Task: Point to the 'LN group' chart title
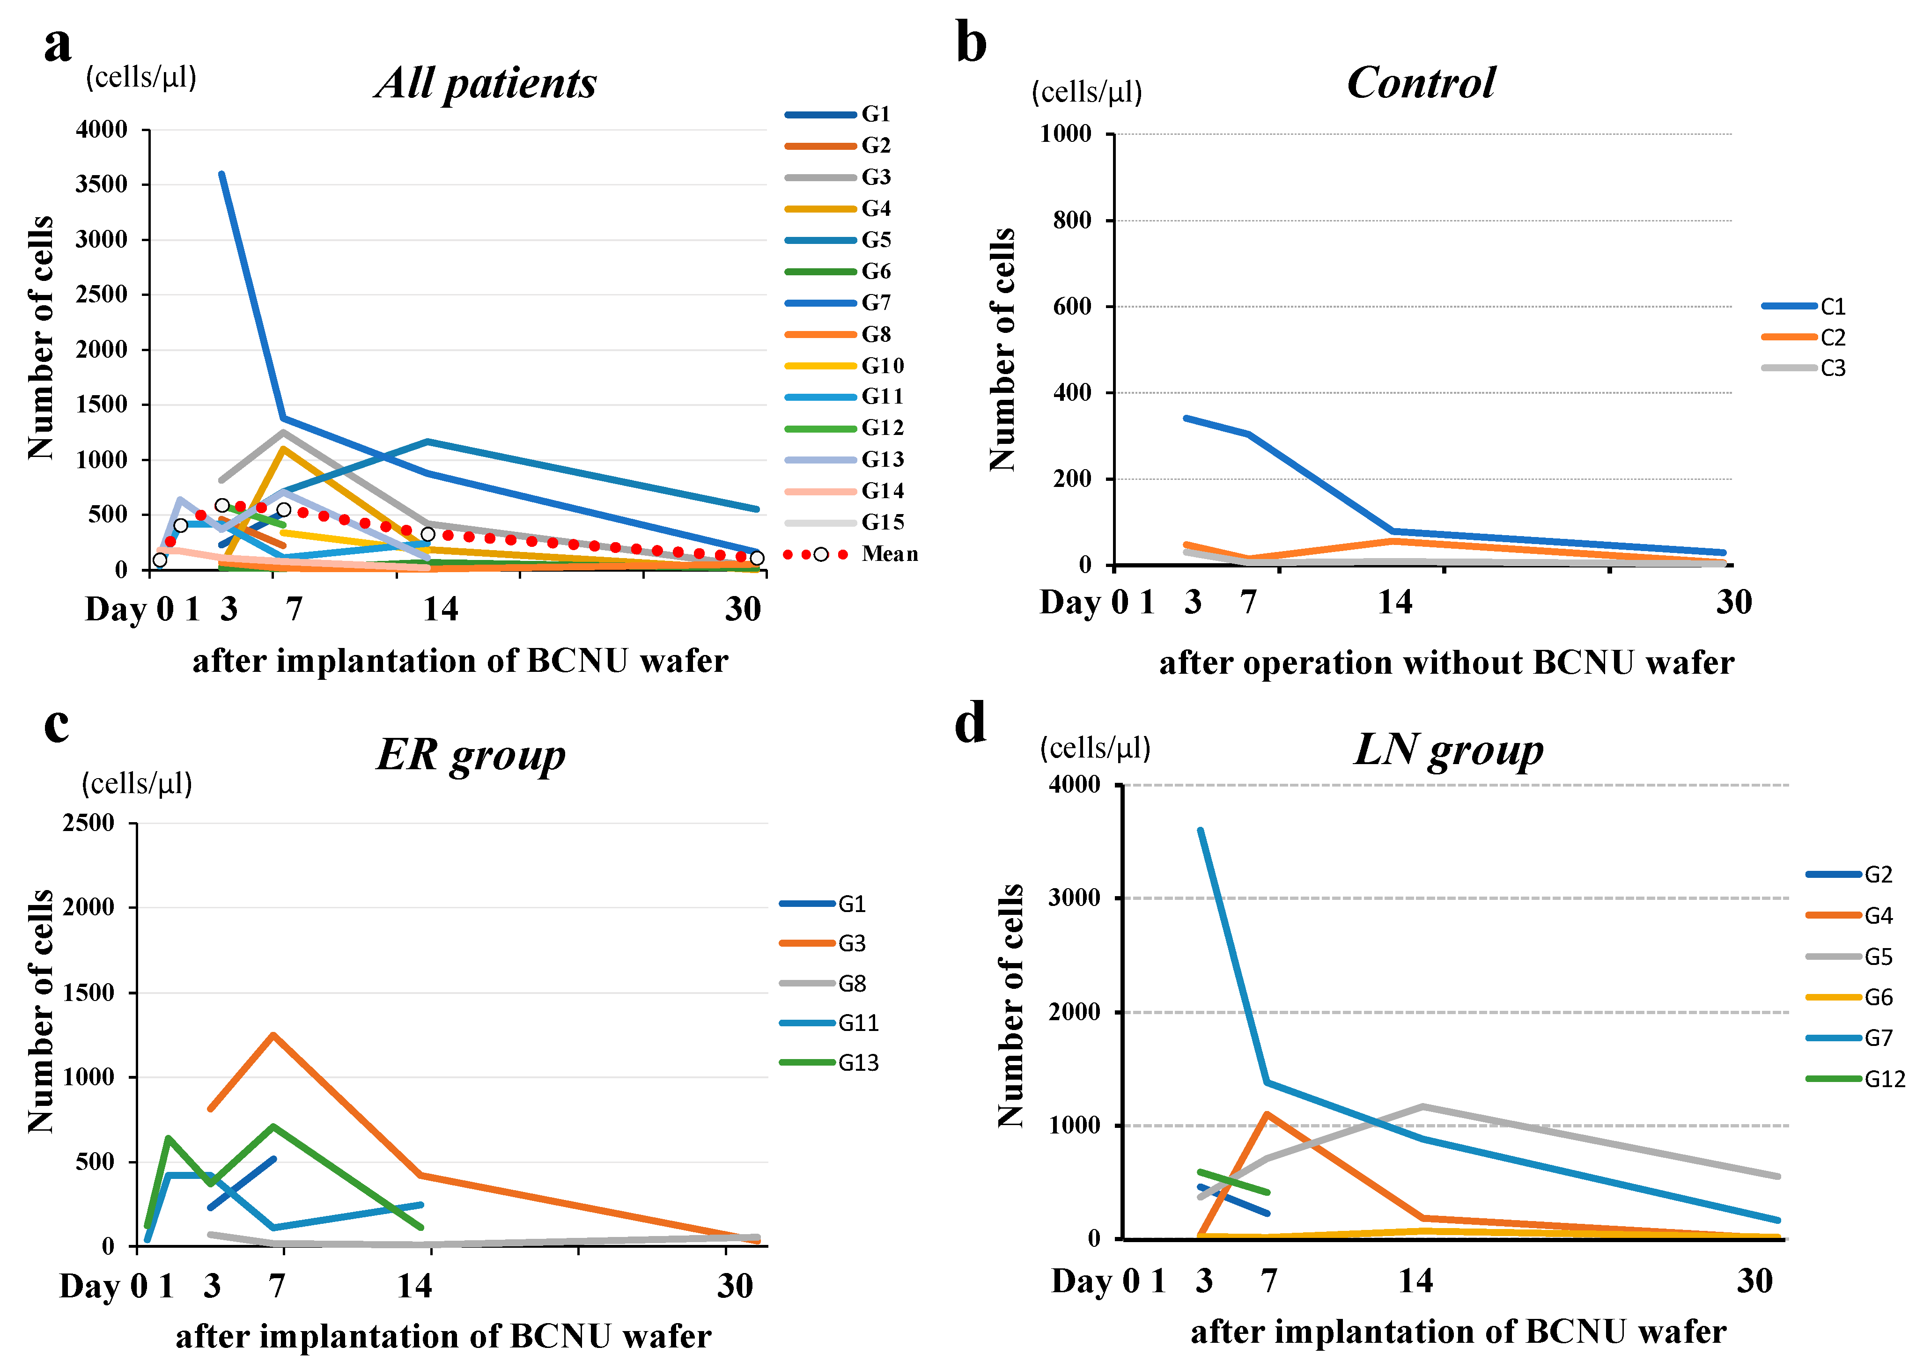tap(1448, 750)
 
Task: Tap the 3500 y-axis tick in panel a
tap(101, 184)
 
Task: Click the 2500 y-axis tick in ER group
tap(88, 823)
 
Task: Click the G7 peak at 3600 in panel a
tap(221, 174)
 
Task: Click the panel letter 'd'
tap(970, 723)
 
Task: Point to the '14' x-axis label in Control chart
tap(1395, 602)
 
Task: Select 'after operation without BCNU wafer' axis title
tap(1446, 662)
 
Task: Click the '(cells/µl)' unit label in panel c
tap(137, 783)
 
